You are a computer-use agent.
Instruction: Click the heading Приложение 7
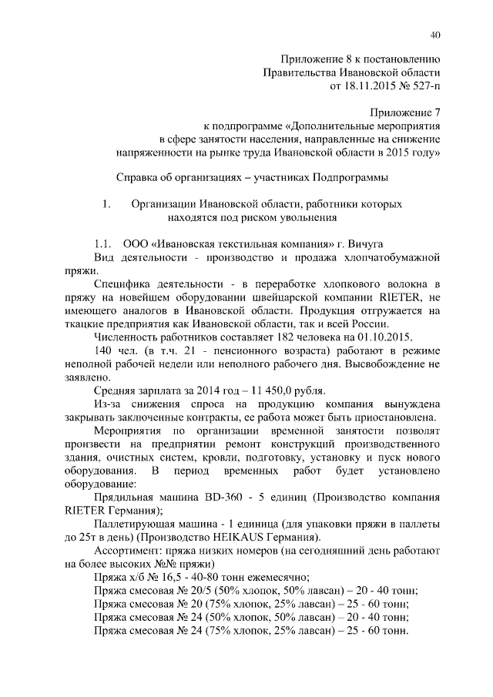click(x=404, y=112)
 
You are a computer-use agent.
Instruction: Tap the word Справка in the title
click(x=136, y=177)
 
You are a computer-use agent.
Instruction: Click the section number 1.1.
click(x=104, y=240)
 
